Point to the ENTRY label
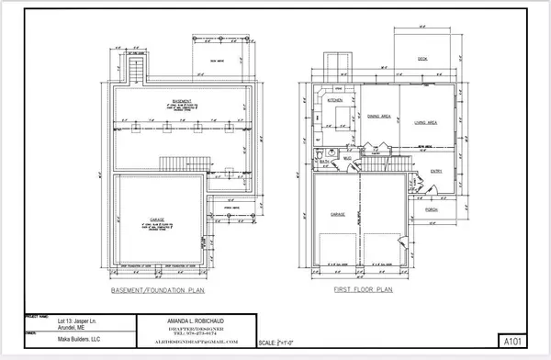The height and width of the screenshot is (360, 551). (435, 170)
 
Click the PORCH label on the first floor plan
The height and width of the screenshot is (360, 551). (431, 210)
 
